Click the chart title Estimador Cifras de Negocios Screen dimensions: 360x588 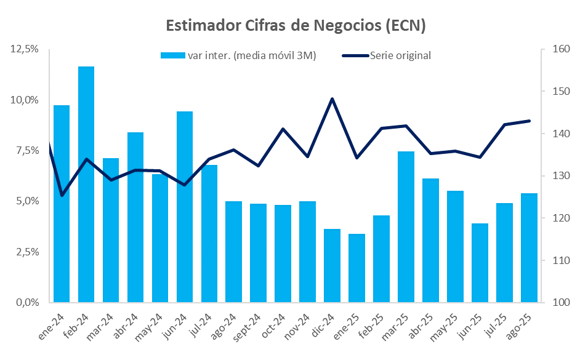point(296,26)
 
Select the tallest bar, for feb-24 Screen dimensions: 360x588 point(86,185)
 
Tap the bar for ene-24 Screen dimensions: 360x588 point(62,204)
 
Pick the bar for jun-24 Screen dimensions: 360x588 point(185,207)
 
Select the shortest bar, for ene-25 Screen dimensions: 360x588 point(356,268)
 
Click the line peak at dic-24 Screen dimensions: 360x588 point(332,98)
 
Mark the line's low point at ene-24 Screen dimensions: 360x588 point(62,195)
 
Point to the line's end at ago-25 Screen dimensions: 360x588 point(529,121)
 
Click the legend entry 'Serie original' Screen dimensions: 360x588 point(400,55)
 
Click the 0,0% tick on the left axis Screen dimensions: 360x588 point(26,303)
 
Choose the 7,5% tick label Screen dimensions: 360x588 point(26,151)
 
